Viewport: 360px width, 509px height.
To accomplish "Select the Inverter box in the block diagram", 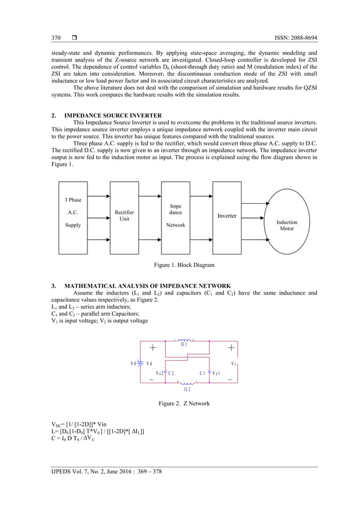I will coord(227,216).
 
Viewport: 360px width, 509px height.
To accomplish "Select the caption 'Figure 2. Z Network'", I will coord(179,403).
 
